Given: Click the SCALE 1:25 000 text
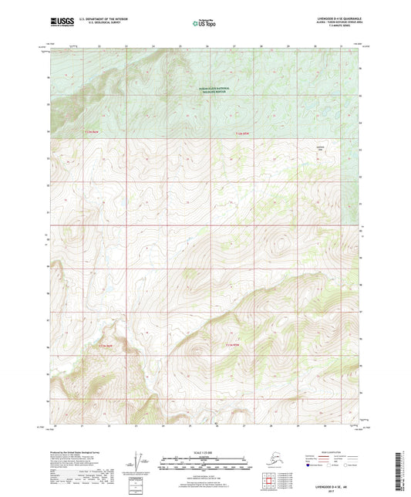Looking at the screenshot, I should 205,451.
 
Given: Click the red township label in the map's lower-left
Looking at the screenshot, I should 106,345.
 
